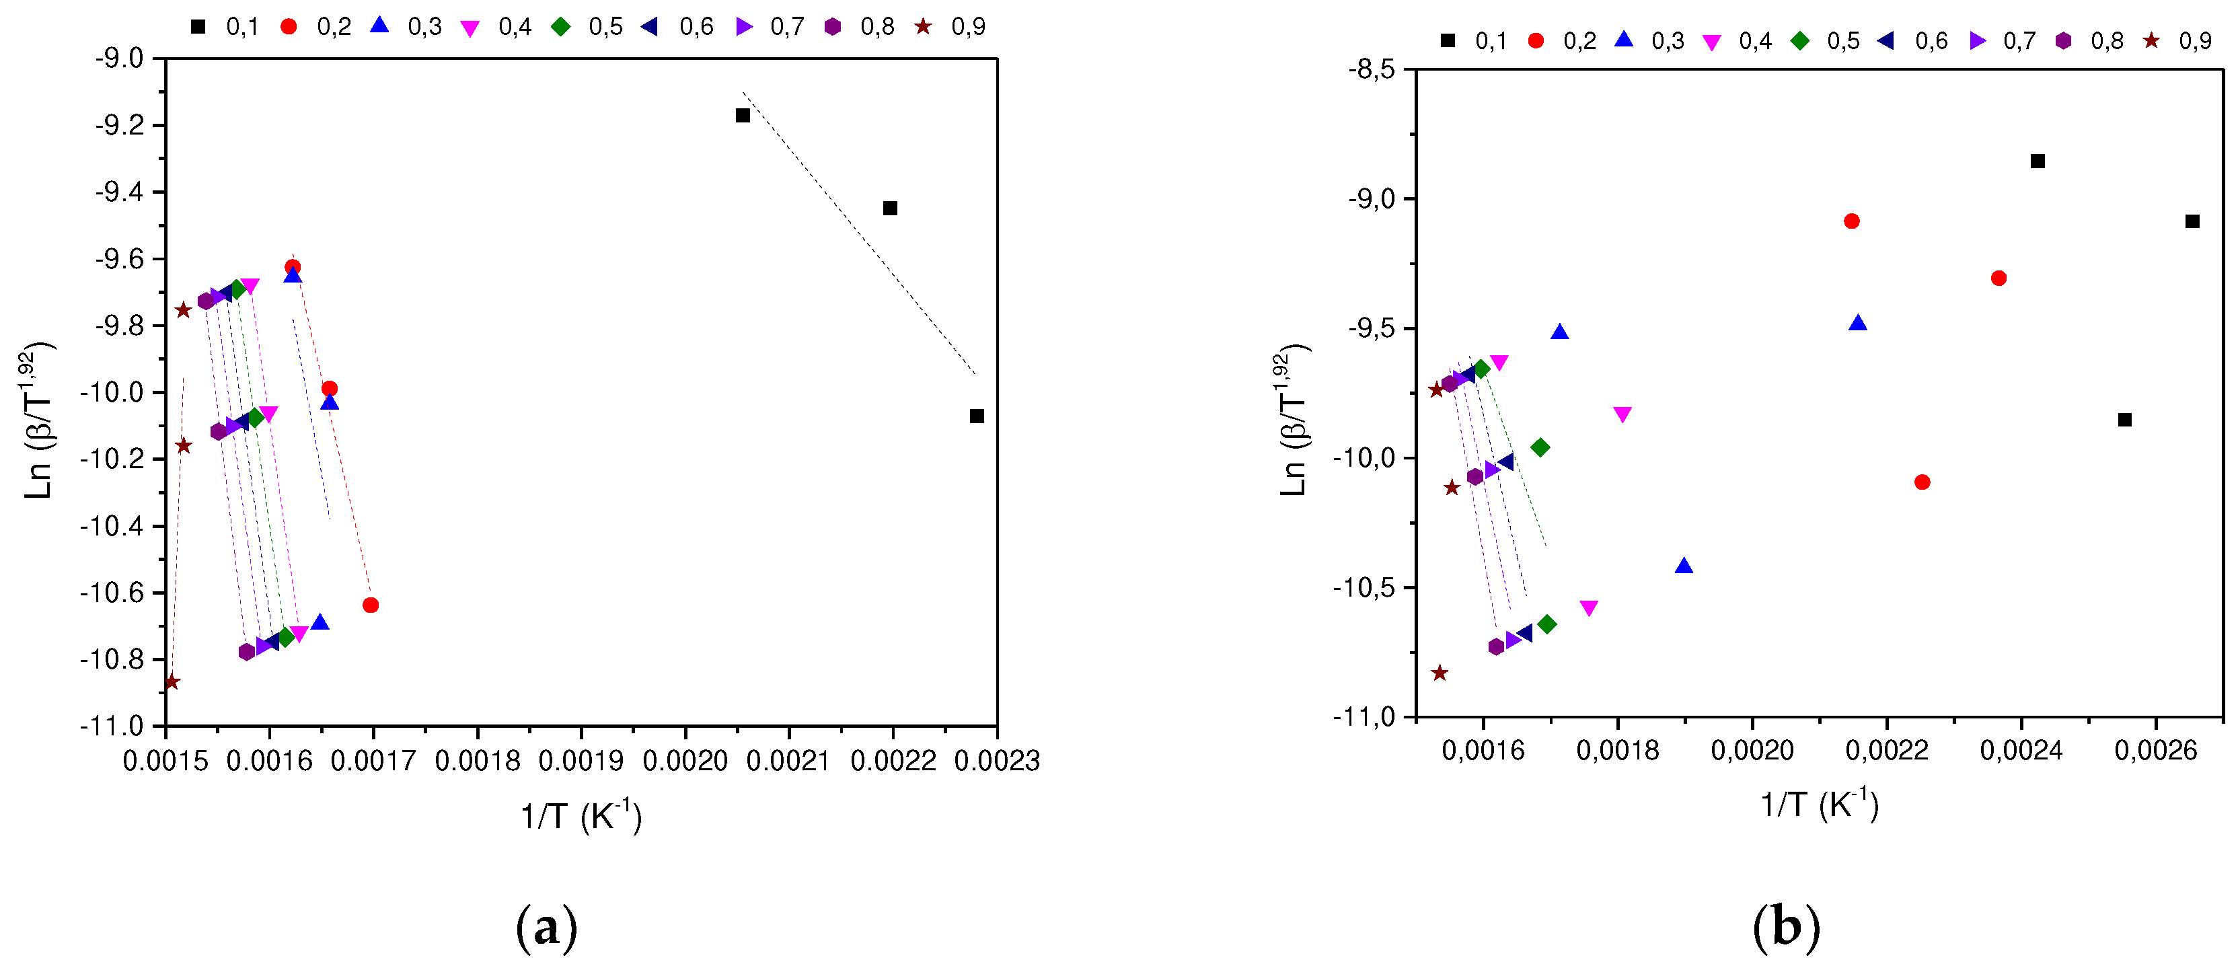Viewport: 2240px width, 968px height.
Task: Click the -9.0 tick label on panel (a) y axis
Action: [x=119, y=59]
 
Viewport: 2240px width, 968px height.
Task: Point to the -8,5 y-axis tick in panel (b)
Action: [x=1372, y=69]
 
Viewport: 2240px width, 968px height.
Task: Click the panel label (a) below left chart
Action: [x=546, y=929]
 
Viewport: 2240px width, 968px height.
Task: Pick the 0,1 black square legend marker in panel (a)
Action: [x=198, y=27]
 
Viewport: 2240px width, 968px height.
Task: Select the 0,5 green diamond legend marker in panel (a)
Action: [x=561, y=27]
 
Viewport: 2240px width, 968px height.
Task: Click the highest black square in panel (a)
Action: [x=743, y=116]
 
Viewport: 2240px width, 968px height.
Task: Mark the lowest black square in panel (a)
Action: [x=977, y=416]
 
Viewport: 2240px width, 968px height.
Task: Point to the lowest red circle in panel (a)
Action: [x=371, y=605]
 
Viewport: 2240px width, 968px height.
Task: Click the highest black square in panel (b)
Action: [x=2038, y=161]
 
